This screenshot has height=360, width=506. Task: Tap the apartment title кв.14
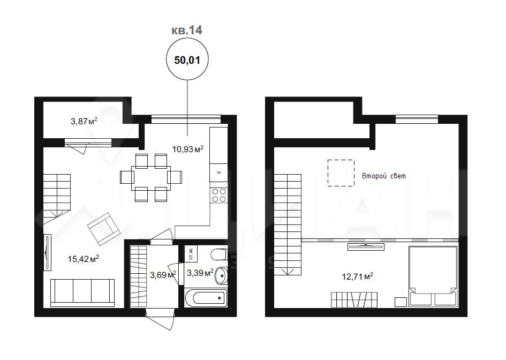click(x=186, y=30)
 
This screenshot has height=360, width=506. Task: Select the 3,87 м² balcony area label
click(x=84, y=121)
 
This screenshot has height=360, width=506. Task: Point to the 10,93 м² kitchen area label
click(x=188, y=149)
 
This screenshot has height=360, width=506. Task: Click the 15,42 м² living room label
click(x=83, y=259)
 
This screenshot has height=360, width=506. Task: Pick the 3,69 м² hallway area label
click(x=163, y=275)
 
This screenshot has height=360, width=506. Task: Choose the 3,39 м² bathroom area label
click(x=200, y=273)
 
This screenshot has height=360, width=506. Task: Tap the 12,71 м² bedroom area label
click(x=358, y=276)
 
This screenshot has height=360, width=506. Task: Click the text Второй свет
click(x=384, y=176)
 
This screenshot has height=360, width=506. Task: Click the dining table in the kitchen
click(x=151, y=178)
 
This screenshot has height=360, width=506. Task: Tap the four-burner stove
click(x=219, y=196)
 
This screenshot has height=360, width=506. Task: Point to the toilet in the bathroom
click(x=219, y=254)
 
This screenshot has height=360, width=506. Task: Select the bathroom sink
click(x=221, y=275)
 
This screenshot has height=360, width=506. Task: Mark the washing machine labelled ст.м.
click(x=191, y=254)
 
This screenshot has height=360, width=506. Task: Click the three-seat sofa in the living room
click(x=82, y=292)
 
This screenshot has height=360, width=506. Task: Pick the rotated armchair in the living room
click(x=104, y=229)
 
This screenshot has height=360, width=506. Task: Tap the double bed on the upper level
click(x=433, y=276)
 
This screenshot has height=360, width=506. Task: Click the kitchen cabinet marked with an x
click(x=218, y=172)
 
